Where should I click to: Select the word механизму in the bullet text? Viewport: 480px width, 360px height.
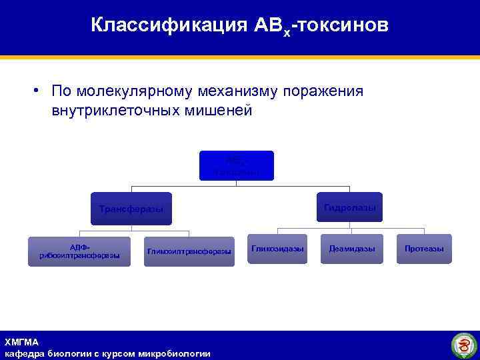pyautogui.click(x=225, y=91)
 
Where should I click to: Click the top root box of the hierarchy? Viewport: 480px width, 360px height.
pyautogui.click(x=236, y=165)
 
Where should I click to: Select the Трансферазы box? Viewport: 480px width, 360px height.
pyautogui.click(x=131, y=209)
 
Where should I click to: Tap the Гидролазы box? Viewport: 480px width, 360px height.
pyautogui.click(x=349, y=207)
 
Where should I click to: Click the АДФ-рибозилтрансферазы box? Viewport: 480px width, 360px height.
pyautogui.click(x=79, y=251)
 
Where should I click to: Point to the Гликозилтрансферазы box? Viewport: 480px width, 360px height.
pyautogui.click(x=189, y=251)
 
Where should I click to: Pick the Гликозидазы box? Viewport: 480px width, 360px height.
pyautogui.click(x=277, y=249)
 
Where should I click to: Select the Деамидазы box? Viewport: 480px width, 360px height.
pyautogui.click(x=352, y=249)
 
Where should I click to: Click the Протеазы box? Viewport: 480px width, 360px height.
pyautogui.click(x=423, y=249)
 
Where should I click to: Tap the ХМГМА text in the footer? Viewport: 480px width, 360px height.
pyautogui.click(x=21, y=341)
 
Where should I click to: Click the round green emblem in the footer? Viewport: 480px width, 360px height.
pyautogui.click(x=463, y=345)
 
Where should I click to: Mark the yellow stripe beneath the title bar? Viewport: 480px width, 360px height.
pyautogui.click(x=240, y=58)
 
